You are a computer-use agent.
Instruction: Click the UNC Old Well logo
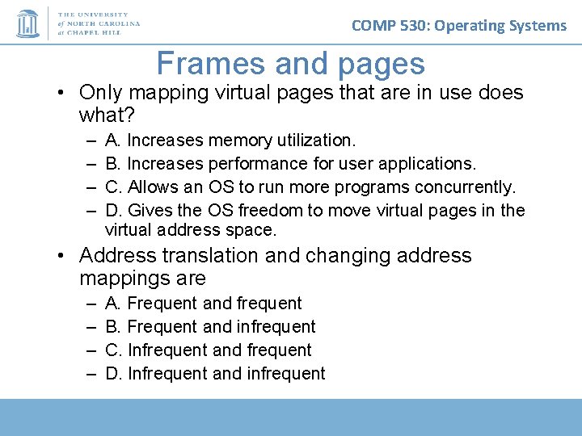coord(27,23)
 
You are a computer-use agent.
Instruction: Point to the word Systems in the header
coord(537,25)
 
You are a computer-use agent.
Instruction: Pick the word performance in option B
coord(256,164)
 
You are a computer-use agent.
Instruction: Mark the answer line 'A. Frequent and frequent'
coord(204,304)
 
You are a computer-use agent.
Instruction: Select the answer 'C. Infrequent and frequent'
coord(209,350)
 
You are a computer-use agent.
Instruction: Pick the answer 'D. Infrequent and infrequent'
coord(215,374)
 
